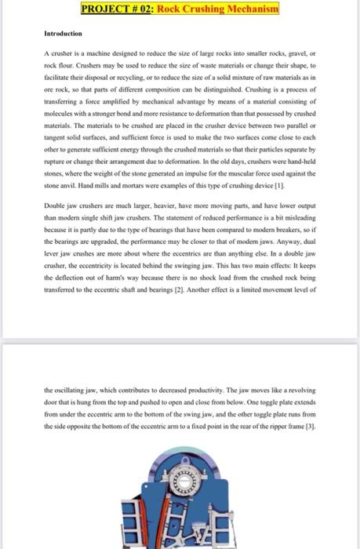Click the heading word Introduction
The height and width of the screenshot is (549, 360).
tap(61, 35)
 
